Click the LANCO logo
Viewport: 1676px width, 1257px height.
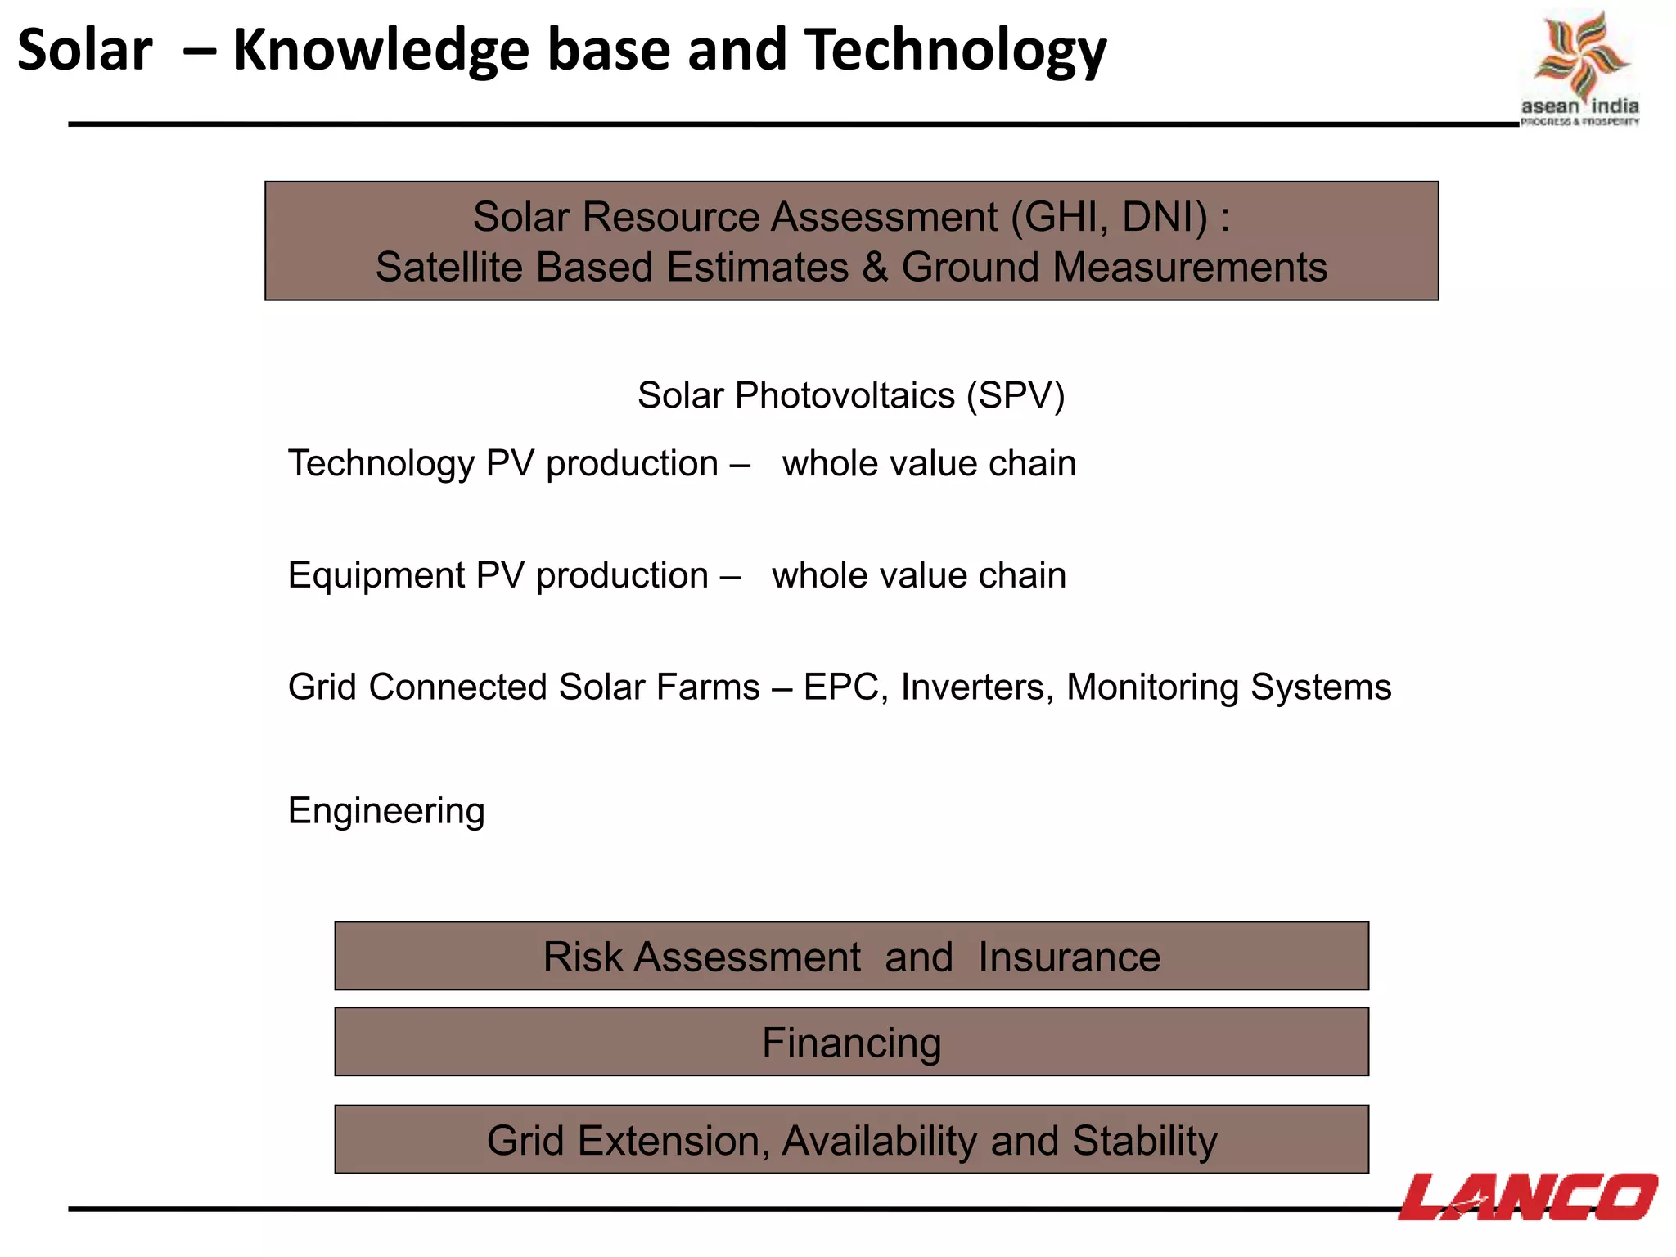pos(1527,1196)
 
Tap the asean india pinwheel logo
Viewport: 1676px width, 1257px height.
pos(1580,57)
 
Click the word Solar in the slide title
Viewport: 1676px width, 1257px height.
pos(84,51)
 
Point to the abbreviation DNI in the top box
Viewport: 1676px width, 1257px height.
pos(1165,218)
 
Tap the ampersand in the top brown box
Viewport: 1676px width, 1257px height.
pos(875,268)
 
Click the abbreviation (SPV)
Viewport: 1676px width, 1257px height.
pos(1015,396)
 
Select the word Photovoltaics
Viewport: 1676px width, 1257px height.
pos(845,396)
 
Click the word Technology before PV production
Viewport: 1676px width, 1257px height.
pos(381,464)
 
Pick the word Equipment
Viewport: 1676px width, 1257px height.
pos(376,575)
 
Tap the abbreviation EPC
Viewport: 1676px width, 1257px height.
pos(841,687)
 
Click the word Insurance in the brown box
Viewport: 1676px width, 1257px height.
pos(1069,957)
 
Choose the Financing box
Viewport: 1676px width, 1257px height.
pos(851,1042)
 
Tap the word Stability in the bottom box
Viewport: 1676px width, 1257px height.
pos(1144,1141)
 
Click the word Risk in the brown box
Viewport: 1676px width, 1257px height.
pos(579,957)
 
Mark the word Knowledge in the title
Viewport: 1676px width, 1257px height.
pos(381,51)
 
